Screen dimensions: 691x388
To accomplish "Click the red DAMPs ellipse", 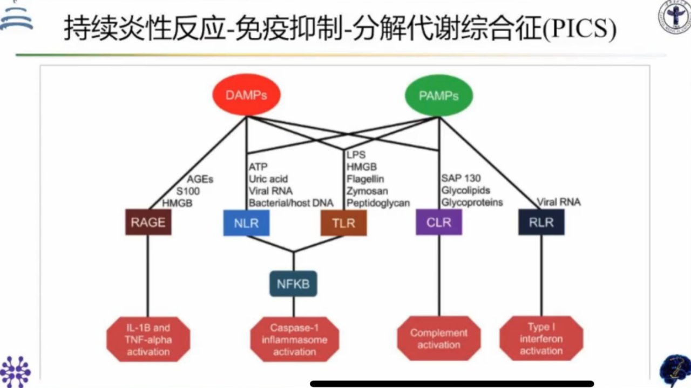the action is point(247,94).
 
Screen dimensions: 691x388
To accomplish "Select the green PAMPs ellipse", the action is point(439,95).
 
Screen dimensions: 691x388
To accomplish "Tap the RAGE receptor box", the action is point(148,223).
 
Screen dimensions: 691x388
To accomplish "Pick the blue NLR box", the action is point(246,223).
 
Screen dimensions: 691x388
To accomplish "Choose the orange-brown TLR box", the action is point(344,223).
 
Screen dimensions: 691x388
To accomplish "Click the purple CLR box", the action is point(439,223).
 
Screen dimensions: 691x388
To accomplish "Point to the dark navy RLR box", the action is point(541,223).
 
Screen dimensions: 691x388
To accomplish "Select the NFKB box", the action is point(293,283).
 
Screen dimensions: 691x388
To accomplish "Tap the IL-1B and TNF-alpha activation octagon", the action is point(148,339).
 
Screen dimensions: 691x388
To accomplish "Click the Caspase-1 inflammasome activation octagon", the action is point(295,339).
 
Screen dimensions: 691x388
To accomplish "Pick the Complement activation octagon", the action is point(439,338).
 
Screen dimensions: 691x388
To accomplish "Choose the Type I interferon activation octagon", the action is point(541,338).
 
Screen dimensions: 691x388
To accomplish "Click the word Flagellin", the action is point(365,179).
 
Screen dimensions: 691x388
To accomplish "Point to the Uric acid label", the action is point(268,179).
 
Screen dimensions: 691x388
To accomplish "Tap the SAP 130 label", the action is point(461,178).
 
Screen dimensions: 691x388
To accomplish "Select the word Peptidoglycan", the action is point(378,203).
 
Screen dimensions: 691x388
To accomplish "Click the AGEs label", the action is point(200,179).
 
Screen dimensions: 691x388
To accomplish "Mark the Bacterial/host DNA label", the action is point(291,203).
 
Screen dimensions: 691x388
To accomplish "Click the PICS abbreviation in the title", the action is point(579,29).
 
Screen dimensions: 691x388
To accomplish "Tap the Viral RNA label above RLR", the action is point(559,202).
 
